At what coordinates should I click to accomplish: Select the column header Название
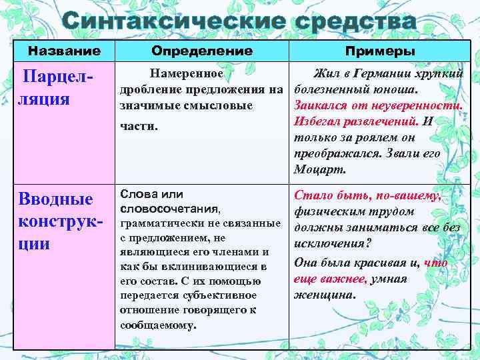64,51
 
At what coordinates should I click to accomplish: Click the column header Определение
202,51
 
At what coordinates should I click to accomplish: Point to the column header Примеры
380,51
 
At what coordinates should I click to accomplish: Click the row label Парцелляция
56,89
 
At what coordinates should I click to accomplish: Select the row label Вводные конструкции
55,220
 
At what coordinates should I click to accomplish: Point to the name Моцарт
320,169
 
